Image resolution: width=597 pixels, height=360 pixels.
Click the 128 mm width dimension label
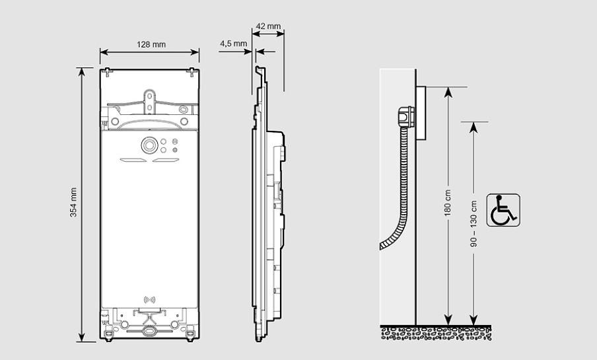point(151,45)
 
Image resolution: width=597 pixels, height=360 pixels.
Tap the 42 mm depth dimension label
point(268,27)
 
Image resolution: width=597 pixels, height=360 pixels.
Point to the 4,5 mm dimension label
point(233,44)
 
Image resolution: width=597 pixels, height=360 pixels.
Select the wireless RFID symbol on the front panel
point(149,299)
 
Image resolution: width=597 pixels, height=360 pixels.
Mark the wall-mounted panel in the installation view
point(420,112)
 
